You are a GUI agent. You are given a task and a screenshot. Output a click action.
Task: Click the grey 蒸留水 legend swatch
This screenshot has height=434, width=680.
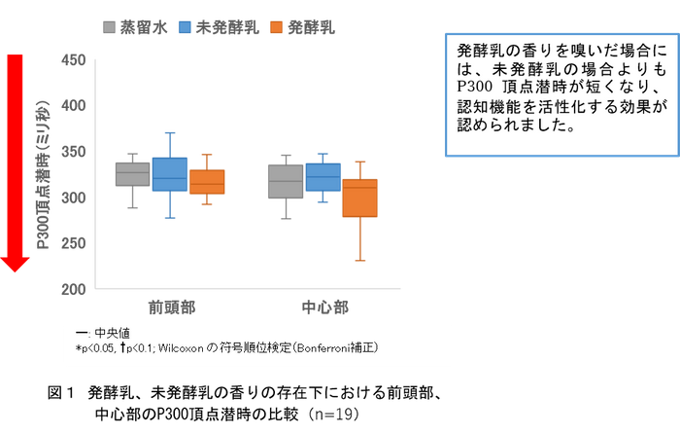(x=109, y=27)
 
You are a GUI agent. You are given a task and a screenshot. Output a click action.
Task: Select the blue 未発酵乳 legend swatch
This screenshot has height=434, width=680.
(x=185, y=27)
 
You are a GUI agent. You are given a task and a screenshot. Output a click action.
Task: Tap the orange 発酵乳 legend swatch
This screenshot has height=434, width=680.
(x=276, y=27)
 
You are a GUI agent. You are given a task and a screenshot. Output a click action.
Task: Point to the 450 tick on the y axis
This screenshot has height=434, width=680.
(x=73, y=60)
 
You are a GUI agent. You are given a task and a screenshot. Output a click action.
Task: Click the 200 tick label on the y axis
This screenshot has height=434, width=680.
(x=73, y=289)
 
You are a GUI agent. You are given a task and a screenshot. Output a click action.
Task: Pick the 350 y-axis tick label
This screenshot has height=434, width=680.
(x=73, y=152)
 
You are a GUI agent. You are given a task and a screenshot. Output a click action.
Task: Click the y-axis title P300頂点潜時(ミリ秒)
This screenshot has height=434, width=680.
(x=44, y=174)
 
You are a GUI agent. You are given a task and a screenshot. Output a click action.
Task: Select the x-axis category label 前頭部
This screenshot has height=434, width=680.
(x=172, y=307)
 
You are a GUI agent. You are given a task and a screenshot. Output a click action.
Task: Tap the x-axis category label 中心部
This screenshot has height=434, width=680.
(x=324, y=307)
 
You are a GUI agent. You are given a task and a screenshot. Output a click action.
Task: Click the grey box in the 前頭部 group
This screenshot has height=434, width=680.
(x=133, y=174)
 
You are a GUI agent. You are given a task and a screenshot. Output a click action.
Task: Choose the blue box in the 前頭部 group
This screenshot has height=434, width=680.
(x=170, y=174)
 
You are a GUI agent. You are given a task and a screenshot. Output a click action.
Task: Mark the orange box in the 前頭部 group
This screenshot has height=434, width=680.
(x=207, y=182)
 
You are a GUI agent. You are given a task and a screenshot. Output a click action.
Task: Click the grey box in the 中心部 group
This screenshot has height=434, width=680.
(x=286, y=181)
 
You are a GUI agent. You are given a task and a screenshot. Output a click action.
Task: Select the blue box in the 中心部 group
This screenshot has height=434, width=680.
(x=323, y=177)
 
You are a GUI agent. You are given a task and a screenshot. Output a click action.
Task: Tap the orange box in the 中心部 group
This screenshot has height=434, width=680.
(x=360, y=198)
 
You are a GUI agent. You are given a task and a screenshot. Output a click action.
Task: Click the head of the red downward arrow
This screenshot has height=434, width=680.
(x=15, y=264)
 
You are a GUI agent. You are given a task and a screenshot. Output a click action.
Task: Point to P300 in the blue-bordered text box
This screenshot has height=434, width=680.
(x=475, y=87)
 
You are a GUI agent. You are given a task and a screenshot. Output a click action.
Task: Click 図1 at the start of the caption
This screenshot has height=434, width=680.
(x=60, y=393)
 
